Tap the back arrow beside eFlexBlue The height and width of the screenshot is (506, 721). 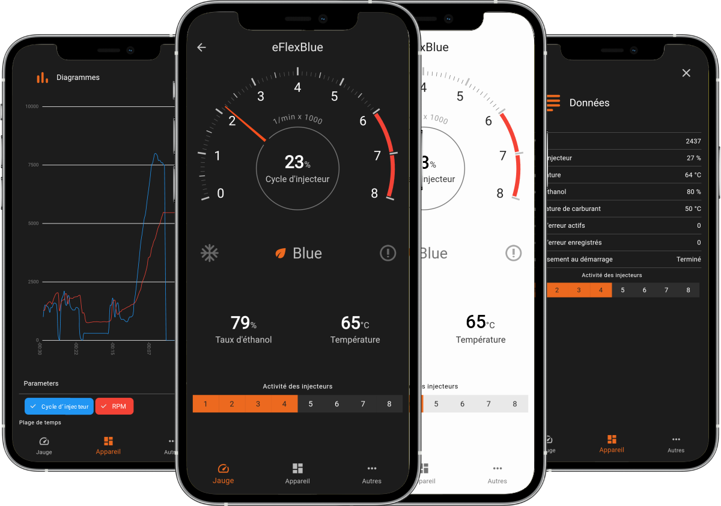click(201, 47)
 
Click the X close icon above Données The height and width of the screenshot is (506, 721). click(686, 73)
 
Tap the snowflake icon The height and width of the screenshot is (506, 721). click(210, 253)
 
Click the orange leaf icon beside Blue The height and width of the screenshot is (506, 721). click(280, 254)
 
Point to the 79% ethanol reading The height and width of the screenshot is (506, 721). click(243, 323)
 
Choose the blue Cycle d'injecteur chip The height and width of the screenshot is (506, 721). click(59, 406)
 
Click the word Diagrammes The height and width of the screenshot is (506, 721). click(78, 78)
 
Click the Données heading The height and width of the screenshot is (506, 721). click(589, 103)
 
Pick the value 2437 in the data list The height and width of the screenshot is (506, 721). click(693, 141)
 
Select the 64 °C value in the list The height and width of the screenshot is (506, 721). click(693, 175)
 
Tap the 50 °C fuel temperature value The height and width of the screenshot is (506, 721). click(693, 209)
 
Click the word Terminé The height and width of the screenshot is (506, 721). click(689, 259)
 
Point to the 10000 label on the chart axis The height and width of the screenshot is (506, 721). click(32, 106)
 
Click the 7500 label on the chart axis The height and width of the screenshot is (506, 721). click(33, 165)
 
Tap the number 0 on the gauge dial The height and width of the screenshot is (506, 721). click(221, 194)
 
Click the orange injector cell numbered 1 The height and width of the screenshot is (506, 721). click(205, 404)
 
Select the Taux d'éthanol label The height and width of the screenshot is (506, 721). click(243, 340)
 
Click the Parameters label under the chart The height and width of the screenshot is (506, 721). click(41, 383)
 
